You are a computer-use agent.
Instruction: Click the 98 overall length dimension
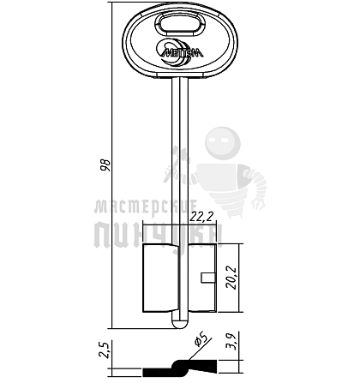coord(106,165)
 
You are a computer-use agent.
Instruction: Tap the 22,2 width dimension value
coord(202,217)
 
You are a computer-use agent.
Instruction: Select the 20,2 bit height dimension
coord(231,278)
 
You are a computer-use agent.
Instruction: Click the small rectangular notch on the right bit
coord(207,278)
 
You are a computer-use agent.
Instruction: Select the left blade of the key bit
coord(160,278)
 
